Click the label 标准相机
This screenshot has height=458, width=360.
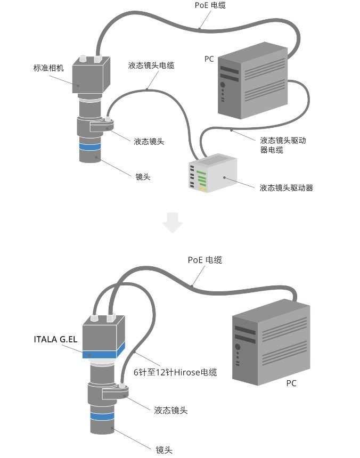click(x=48, y=68)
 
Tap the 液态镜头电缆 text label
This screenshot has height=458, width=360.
click(x=151, y=66)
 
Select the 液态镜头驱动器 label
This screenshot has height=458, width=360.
click(x=286, y=187)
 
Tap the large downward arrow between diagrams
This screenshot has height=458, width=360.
click(x=173, y=222)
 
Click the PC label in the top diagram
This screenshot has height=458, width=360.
click(x=209, y=59)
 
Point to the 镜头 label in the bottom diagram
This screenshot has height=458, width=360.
click(x=163, y=449)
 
